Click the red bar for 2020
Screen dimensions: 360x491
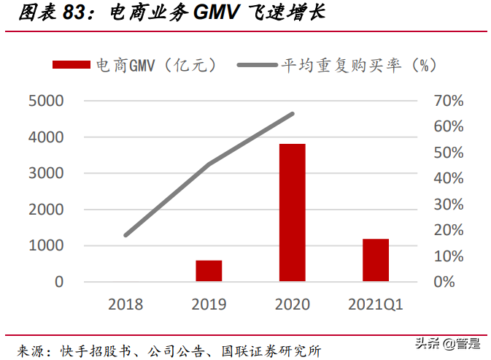[292, 212]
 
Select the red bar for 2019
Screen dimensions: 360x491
[209, 270]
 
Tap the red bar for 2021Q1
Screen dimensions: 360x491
[376, 260]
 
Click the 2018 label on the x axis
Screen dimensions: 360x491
[125, 304]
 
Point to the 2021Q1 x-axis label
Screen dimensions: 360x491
[376, 304]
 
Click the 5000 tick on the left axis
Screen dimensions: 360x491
[46, 101]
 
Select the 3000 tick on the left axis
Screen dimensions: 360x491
[46, 173]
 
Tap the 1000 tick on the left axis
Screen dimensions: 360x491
[46, 245]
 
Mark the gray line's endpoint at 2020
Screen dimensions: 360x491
[293, 113]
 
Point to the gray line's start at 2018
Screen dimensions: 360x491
[125, 235]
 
